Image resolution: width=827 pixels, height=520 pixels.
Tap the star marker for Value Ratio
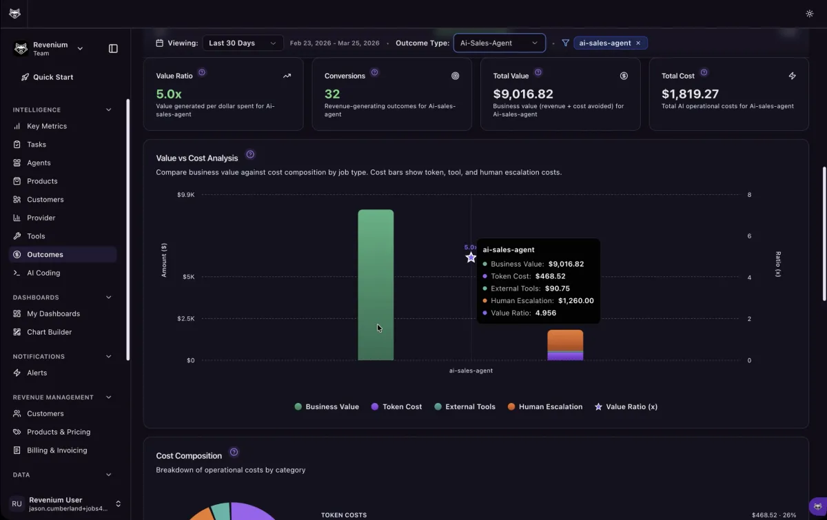[471, 258]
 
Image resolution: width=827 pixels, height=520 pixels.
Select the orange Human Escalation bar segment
[565, 340]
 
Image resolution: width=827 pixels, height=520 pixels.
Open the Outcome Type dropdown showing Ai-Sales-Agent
[499, 43]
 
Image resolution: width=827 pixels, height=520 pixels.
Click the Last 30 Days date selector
[243, 43]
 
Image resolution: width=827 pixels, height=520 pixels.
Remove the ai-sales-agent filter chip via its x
[638, 43]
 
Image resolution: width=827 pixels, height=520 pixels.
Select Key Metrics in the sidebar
[47, 126]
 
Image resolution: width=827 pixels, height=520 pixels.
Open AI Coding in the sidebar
[43, 273]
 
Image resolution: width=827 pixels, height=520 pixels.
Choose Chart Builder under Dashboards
[49, 332]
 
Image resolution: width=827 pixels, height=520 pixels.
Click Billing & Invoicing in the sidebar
[57, 450]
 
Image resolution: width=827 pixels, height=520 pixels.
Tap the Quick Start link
[53, 77]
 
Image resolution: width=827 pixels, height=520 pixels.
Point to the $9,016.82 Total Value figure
[523, 94]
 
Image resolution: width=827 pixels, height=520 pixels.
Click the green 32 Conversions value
[332, 94]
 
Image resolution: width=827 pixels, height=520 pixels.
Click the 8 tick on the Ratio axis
[749, 195]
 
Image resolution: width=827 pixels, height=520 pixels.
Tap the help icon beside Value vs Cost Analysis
[250, 154]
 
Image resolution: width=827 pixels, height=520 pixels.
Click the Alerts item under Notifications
[37, 373]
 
